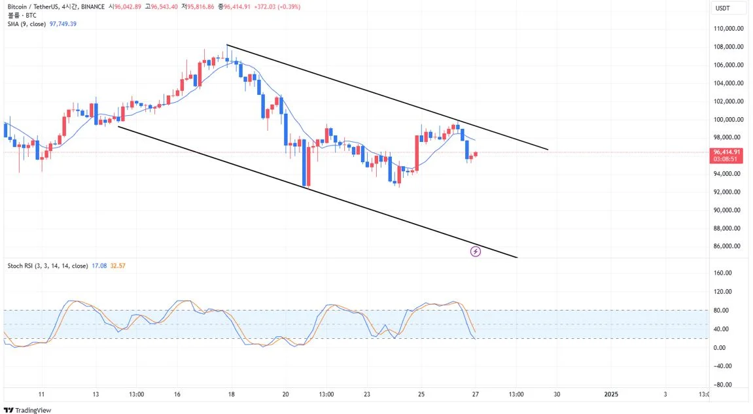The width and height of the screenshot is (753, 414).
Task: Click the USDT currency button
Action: pos(722,8)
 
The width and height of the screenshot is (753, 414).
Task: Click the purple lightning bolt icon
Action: pos(476,251)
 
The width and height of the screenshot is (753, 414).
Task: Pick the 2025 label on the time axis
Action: pos(610,394)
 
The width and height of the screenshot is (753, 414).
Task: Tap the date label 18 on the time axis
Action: pos(232,394)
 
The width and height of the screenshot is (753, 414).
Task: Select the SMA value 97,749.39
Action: pos(63,24)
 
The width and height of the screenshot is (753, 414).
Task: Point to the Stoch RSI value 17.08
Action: pos(100,266)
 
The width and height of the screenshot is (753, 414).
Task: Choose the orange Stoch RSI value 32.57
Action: pos(118,266)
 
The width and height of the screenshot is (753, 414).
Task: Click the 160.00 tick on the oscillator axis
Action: pos(722,273)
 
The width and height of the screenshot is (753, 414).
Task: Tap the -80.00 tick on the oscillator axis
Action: pos(722,385)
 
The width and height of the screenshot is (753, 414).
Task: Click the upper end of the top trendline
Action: pos(227,44)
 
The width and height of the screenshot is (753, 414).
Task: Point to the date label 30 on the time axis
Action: pos(557,394)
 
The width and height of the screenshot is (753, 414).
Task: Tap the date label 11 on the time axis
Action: pos(41,394)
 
